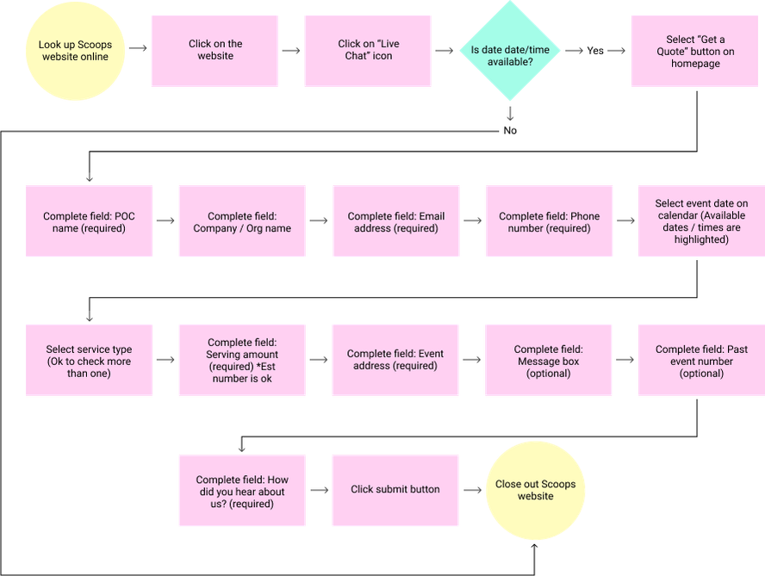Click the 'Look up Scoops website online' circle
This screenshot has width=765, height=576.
[x=75, y=51]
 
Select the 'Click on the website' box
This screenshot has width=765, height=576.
[x=215, y=51]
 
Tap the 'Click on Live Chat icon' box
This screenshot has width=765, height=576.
[x=368, y=51]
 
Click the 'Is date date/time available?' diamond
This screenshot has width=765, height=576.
[x=510, y=51]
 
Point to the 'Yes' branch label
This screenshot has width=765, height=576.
[x=595, y=51]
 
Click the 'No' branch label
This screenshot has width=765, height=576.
[x=510, y=131]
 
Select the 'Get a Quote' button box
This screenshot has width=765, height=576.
[x=695, y=51]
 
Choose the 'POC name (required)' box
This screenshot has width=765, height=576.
[x=89, y=221]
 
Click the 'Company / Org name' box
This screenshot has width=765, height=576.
[x=242, y=221]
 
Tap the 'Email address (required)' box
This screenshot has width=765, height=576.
[x=395, y=221]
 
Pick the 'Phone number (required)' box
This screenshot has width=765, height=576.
[x=549, y=221]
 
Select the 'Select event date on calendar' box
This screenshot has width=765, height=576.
[x=701, y=221]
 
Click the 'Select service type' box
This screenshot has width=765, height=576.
[x=89, y=360]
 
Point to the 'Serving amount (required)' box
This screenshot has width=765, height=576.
[x=242, y=360]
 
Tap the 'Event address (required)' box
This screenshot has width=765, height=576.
[x=395, y=360]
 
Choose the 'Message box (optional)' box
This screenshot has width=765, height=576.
[x=549, y=360]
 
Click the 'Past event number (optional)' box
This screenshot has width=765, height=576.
[x=701, y=360]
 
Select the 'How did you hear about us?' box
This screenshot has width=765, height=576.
[x=242, y=491]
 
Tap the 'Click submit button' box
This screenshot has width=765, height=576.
[x=395, y=491]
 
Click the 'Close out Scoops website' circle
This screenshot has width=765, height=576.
[x=535, y=491]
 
